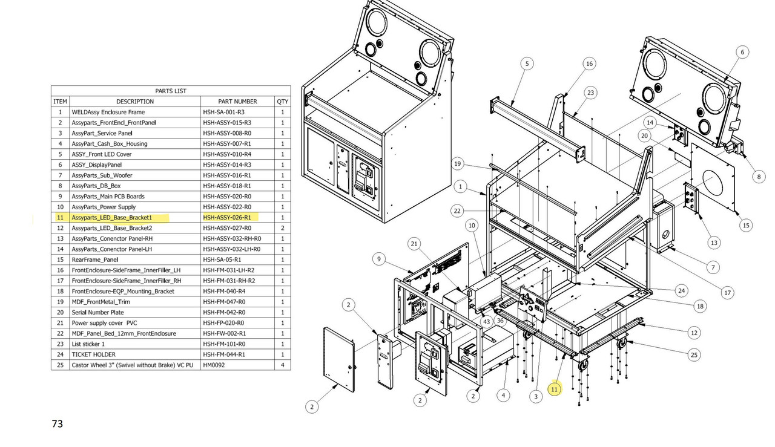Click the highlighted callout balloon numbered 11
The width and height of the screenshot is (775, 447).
tap(555, 390)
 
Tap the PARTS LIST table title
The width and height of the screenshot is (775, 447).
tap(170, 91)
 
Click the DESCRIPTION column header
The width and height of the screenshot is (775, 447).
tap(135, 101)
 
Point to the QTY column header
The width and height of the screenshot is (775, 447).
tap(282, 101)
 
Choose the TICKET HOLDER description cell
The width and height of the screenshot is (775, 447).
tap(93, 354)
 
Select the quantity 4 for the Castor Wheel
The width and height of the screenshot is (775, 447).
tap(282, 365)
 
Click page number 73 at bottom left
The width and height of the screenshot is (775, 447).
tap(58, 424)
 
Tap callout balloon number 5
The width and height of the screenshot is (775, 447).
tap(527, 64)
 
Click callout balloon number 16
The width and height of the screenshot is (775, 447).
tap(589, 64)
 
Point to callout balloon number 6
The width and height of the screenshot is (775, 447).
tap(742, 53)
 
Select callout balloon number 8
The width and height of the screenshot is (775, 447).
tap(759, 177)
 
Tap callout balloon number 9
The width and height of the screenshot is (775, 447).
tap(378, 259)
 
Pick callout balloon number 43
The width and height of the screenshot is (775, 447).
tap(486, 321)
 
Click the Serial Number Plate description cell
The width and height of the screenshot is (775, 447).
tap(97, 312)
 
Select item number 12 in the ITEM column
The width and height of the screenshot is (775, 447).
tap(60, 228)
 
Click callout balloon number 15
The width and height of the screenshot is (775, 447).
tap(746, 225)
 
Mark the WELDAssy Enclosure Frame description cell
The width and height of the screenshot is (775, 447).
tap(108, 112)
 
